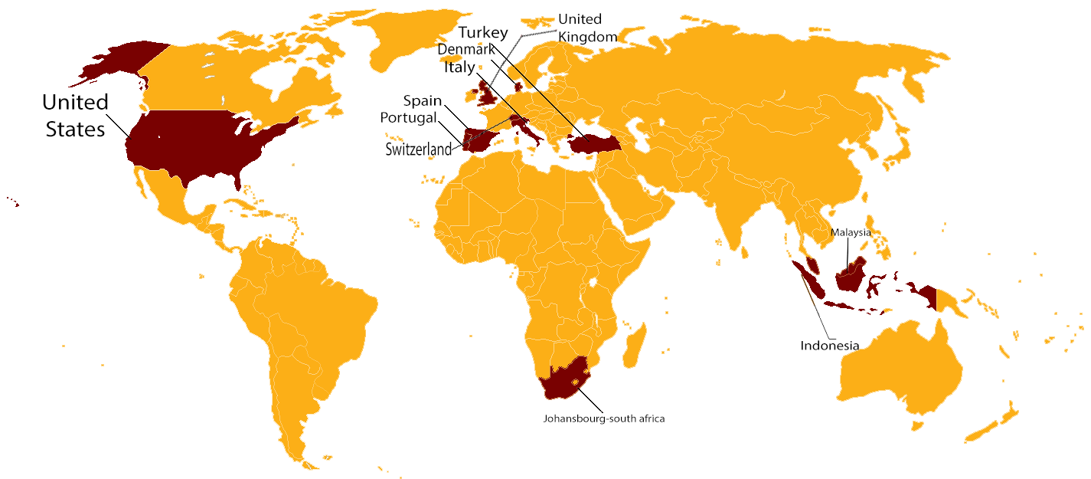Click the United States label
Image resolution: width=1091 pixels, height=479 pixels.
point(75,116)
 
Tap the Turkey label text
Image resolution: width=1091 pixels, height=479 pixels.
point(482,33)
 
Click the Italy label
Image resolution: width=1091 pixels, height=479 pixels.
point(459,67)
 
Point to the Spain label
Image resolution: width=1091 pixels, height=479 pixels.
point(423,101)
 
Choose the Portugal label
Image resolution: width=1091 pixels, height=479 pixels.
point(408,118)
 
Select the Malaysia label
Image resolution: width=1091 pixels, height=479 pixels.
point(851,232)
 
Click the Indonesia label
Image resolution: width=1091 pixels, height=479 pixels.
point(829,346)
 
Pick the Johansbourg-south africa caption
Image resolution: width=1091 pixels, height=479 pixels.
point(604,418)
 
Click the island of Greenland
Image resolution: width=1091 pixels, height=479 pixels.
point(413,38)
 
